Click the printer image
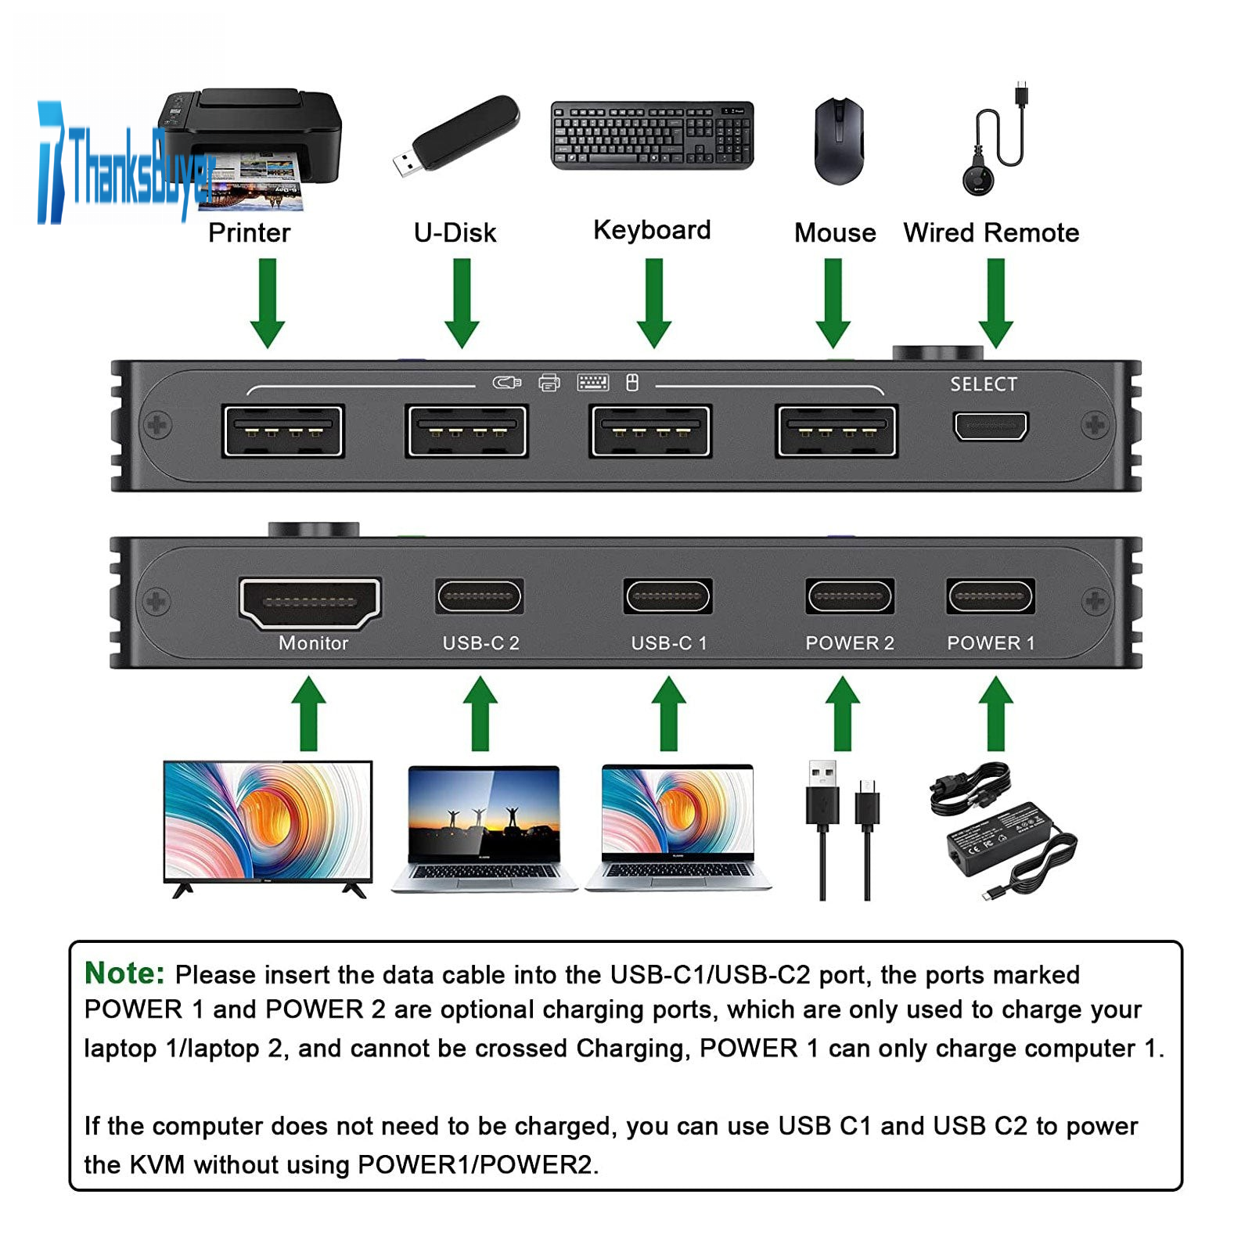point(258,145)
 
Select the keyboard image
point(652,135)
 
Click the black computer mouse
point(839,141)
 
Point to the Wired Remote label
point(991,232)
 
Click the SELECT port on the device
point(990,426)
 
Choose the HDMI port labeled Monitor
point(310,603)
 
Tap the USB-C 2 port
point(479,598)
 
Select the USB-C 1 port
point(667,598)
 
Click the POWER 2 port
point(850,598)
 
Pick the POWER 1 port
point(990,598)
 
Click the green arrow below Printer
point(268,303)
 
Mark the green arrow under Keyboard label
point(654,303)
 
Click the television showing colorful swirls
point(268,826)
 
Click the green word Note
point(124,973)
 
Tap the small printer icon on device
point(549,383)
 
